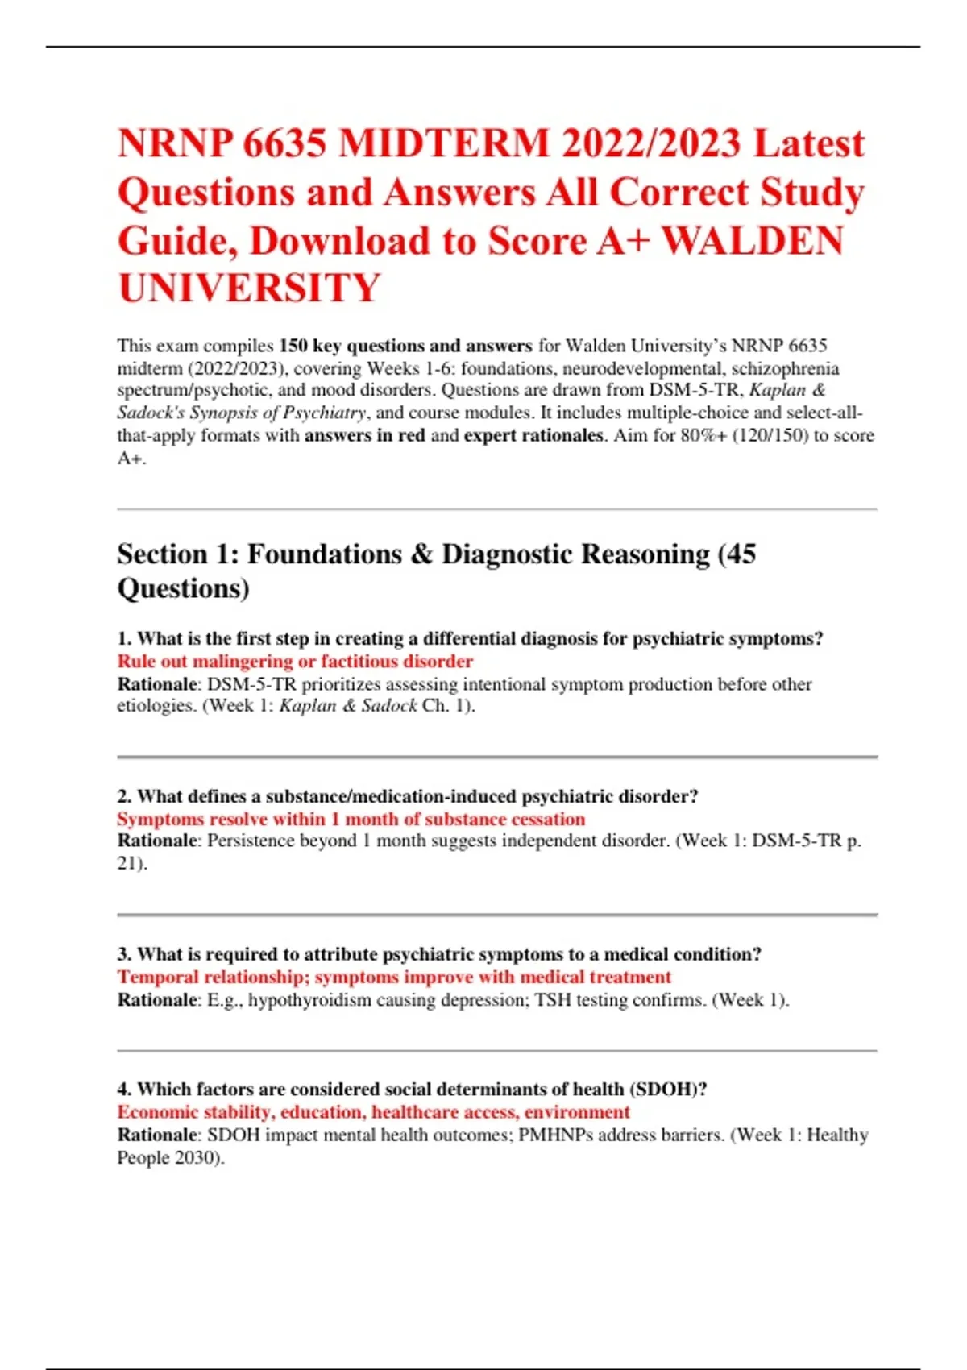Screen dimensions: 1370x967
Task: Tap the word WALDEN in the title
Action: [x=753, y=242]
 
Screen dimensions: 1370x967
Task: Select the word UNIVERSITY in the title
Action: [x=249, y=289]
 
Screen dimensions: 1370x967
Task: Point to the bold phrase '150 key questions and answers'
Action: [x=405, y=346]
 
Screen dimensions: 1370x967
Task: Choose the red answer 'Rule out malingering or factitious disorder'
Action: [x=295, y=662]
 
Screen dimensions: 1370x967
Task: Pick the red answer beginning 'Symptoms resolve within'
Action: [x=351, y=820]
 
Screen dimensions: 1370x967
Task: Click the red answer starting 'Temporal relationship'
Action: [x=394, y=978]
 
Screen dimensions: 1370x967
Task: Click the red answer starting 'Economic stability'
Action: [x=373, y=1112]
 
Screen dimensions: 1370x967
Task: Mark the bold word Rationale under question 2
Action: [x=157, y=841]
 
